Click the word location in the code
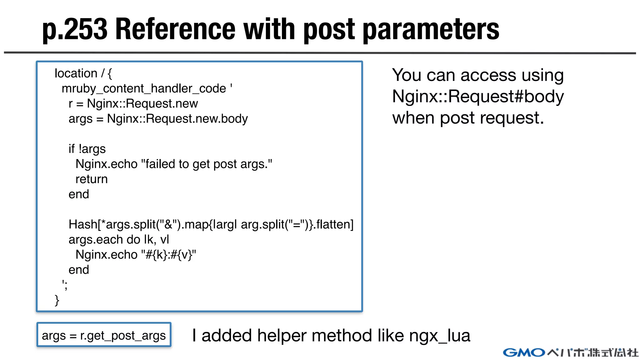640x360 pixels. coord(76,73)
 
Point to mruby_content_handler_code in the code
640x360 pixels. coord(144,89)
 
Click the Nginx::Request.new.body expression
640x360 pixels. coord(177,119)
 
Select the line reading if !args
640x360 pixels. coord(87,149)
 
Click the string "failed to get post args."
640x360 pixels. coord(207,164)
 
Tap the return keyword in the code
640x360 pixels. coord(92,179)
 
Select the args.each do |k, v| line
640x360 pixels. coord(119,240)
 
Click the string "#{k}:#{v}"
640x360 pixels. coord(168,255)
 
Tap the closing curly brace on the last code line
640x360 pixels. coord(57,300)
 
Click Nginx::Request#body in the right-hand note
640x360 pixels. coord(478,96)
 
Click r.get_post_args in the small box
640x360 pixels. coord(123,336)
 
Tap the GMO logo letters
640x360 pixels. coord(524,353)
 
